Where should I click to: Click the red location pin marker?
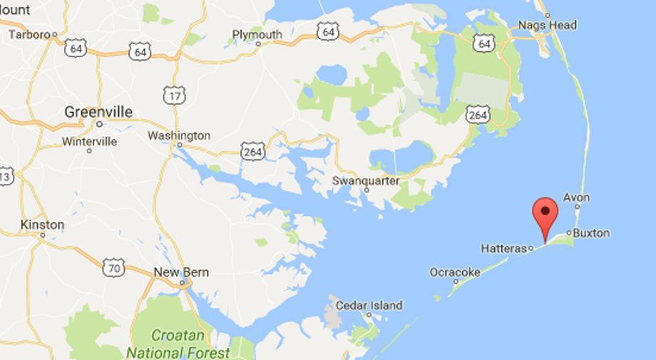pos(545,212)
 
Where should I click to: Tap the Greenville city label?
pos(98,112)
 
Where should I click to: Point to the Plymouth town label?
pos(257,34)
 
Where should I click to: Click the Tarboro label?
pos(31,34)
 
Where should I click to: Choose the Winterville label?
pos(89,141)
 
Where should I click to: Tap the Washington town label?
pos(178,135)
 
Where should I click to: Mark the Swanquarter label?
pos(366,180)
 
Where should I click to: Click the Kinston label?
pos(43,225)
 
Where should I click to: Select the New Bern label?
pos(178,272)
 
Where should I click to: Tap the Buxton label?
pos(592,232)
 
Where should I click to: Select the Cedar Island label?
pos(369,304)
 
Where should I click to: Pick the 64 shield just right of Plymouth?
pos(328,31)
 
